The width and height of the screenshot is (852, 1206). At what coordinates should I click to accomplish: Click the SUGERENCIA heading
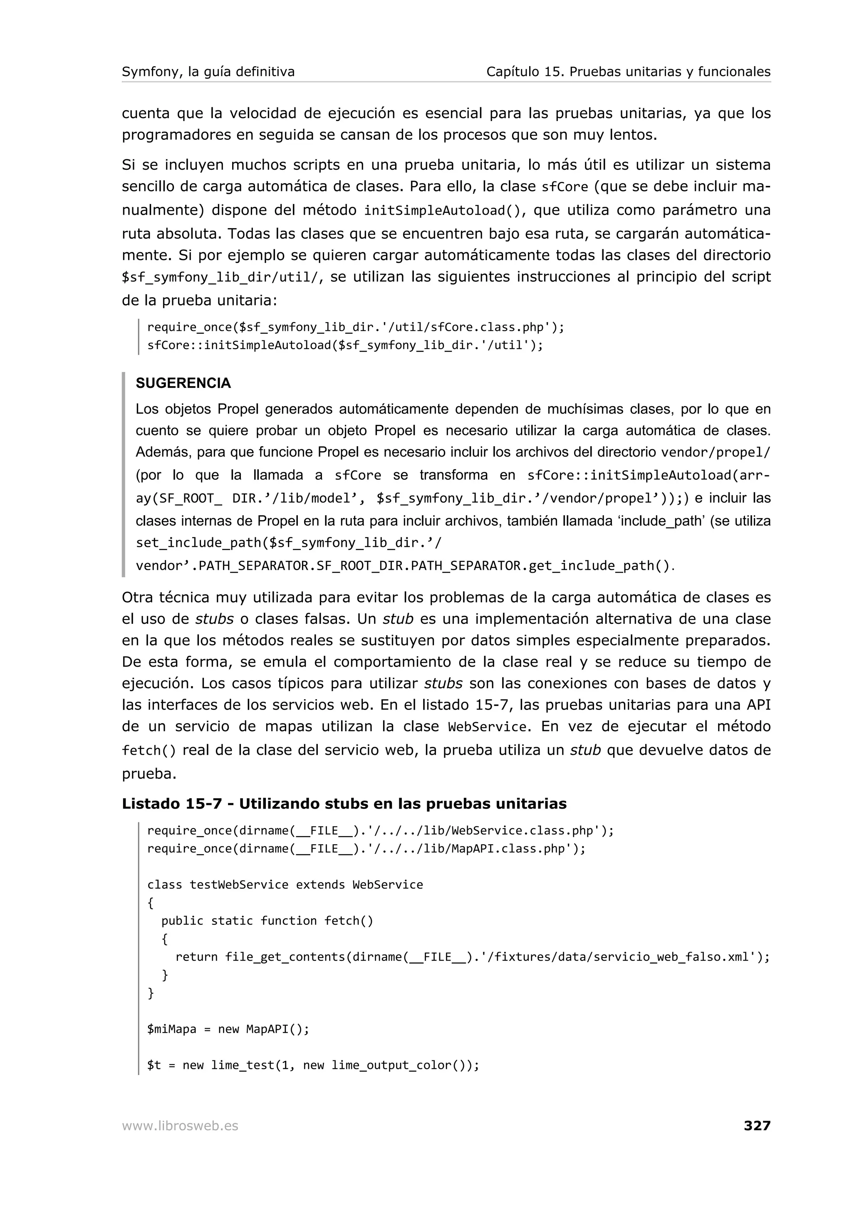183,383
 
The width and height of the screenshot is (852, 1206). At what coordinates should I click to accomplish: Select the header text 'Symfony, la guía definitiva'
208,72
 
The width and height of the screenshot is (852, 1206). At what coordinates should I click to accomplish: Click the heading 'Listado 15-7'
172,803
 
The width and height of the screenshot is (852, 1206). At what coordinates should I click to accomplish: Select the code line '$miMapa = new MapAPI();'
228,1028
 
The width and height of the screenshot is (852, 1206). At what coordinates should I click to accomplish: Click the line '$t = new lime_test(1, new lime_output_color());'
313,1065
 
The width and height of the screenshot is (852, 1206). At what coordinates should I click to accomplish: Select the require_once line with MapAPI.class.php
366,848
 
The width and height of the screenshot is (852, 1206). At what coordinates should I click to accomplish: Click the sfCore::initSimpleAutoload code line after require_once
345,345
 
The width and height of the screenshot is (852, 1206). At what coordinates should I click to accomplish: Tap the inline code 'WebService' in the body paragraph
487,727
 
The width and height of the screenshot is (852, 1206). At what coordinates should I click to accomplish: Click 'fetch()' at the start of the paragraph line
149,750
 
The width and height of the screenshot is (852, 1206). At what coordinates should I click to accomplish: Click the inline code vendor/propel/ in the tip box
715,452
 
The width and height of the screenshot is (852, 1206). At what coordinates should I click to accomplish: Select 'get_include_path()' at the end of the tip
599,565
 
